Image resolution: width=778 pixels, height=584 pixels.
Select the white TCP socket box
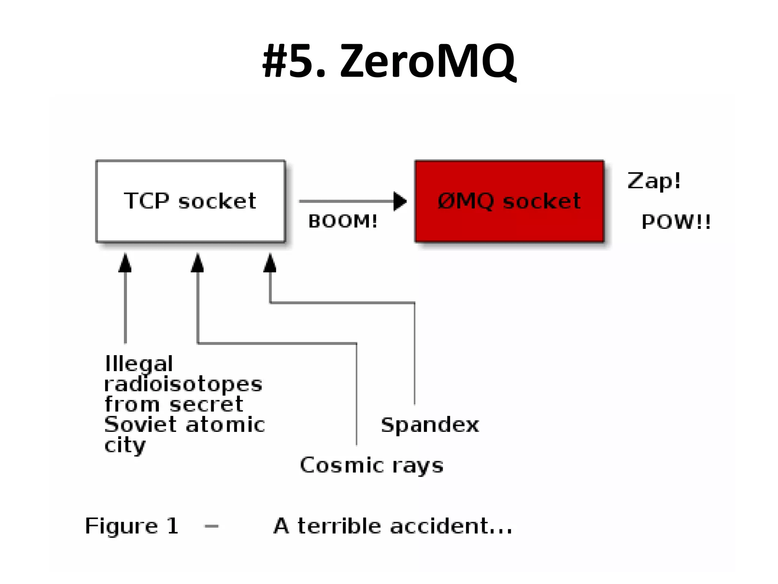coord(190,201)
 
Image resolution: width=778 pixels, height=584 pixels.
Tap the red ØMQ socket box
coord(509,201)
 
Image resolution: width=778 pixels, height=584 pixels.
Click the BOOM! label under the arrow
coord(343,221)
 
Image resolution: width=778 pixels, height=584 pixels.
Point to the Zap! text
coord(653,181)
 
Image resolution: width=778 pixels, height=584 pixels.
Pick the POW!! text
coord(676,222)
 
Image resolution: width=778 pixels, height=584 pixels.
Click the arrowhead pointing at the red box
coord(400,201)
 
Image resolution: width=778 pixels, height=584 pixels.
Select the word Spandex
coord(430,425)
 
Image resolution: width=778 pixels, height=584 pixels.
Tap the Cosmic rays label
coord(372,465)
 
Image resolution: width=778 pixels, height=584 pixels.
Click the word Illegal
coord(139,364)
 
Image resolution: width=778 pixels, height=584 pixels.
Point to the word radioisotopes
coord(183,384)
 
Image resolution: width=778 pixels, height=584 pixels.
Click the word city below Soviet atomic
coord(125,445)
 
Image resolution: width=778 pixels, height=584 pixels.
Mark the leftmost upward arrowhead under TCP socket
coord(125,263)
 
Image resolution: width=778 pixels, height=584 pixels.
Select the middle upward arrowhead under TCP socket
coord(198,263)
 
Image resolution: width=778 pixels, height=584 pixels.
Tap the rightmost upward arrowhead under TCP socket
coord(270,263)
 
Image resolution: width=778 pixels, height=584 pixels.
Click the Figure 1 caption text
coord(131,526)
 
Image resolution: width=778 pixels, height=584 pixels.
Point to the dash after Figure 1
coord(211,527)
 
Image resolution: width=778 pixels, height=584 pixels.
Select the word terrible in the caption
coord(339,526)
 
